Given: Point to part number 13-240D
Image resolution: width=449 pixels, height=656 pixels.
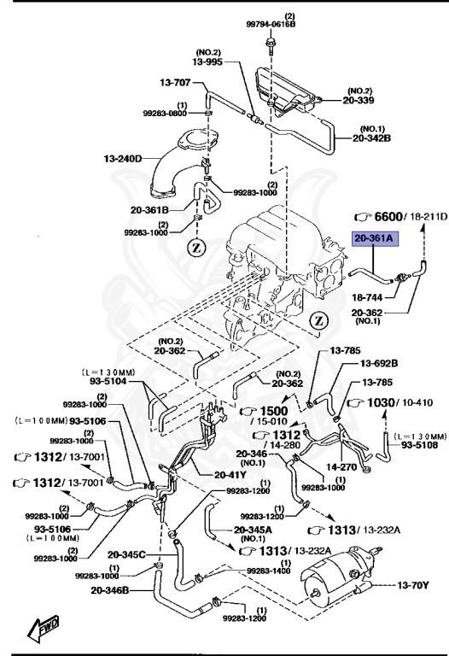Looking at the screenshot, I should pos(123,158).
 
